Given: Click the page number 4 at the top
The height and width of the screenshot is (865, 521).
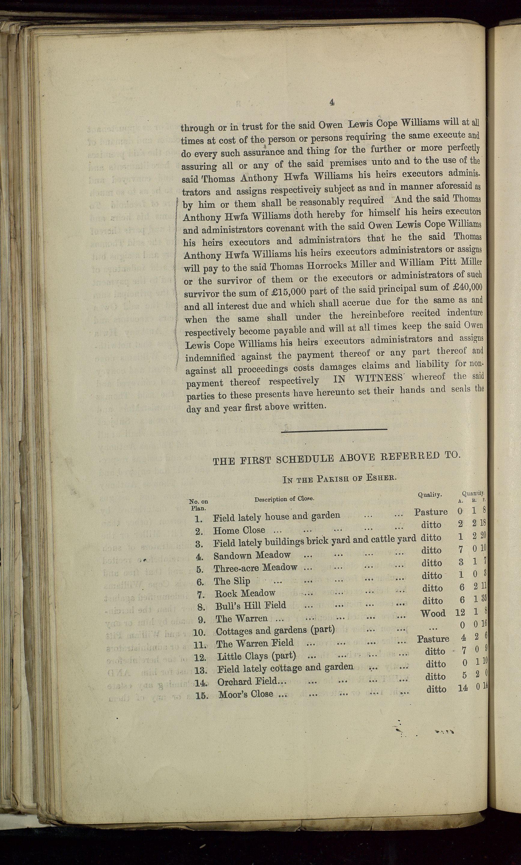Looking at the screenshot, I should pos(332,102).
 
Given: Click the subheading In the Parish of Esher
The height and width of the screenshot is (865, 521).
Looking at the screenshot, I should pos(342,479).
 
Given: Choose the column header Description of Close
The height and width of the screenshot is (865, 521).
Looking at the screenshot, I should pos(284,498).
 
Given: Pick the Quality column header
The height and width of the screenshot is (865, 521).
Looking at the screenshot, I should pos(430,495).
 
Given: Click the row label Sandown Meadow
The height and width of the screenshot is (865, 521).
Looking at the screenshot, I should pos(252,555).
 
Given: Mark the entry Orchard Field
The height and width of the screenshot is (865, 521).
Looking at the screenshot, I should pos(251,682).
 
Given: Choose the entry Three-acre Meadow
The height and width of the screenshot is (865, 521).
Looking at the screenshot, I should pos(255,568).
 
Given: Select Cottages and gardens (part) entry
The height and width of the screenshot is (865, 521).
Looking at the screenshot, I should pos(275,631).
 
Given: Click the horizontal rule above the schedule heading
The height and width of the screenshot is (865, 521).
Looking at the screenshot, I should pos(334,429).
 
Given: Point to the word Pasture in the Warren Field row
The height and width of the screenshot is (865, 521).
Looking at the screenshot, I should pos(433,639).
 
